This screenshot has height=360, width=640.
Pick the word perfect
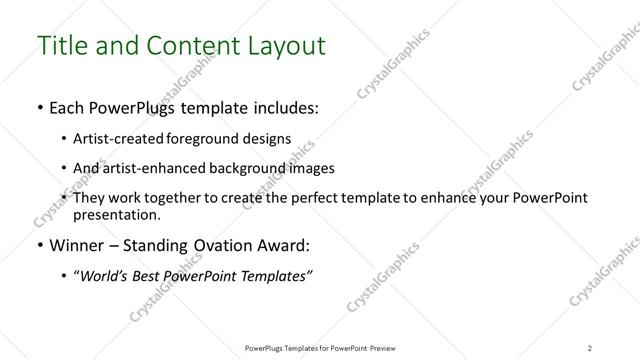(310, 198)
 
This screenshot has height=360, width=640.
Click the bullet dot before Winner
(39, 245)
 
